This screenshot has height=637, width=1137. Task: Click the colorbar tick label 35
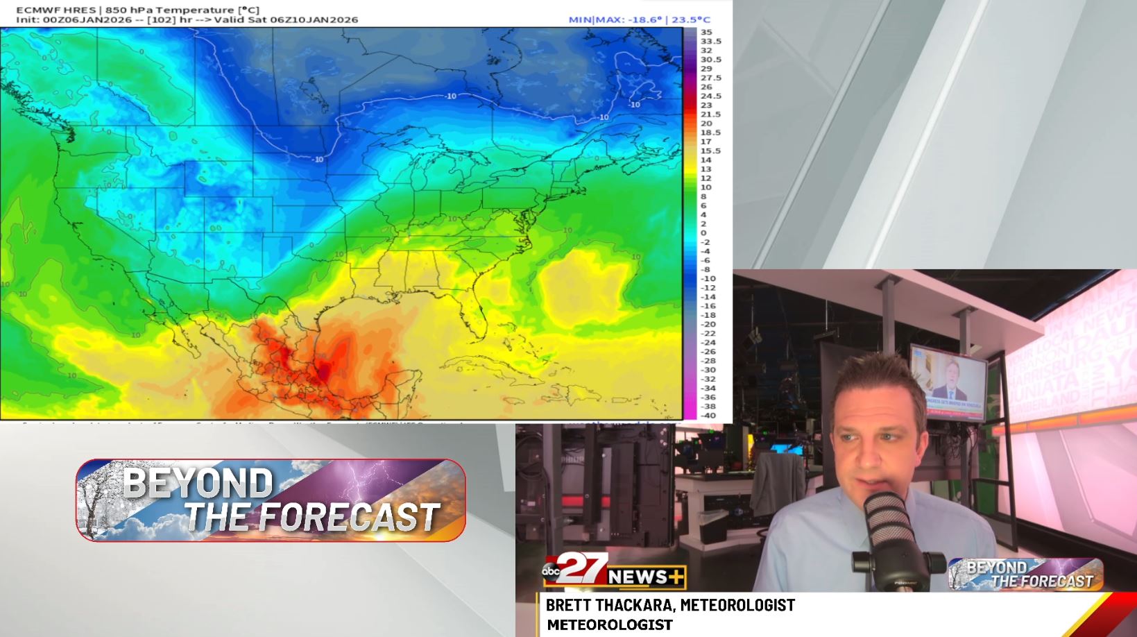(x=706, y=32)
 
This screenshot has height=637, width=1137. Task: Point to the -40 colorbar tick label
(x=708, y=416)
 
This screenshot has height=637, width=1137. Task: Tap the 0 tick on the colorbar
(x=703, y=233)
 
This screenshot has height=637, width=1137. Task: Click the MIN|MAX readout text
(x=639, y=19)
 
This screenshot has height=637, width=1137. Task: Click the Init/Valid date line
(x=187, y=19)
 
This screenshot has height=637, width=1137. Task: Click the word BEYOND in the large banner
(x=198, y=484)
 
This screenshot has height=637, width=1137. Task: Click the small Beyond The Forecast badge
(x=1025, y=575)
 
